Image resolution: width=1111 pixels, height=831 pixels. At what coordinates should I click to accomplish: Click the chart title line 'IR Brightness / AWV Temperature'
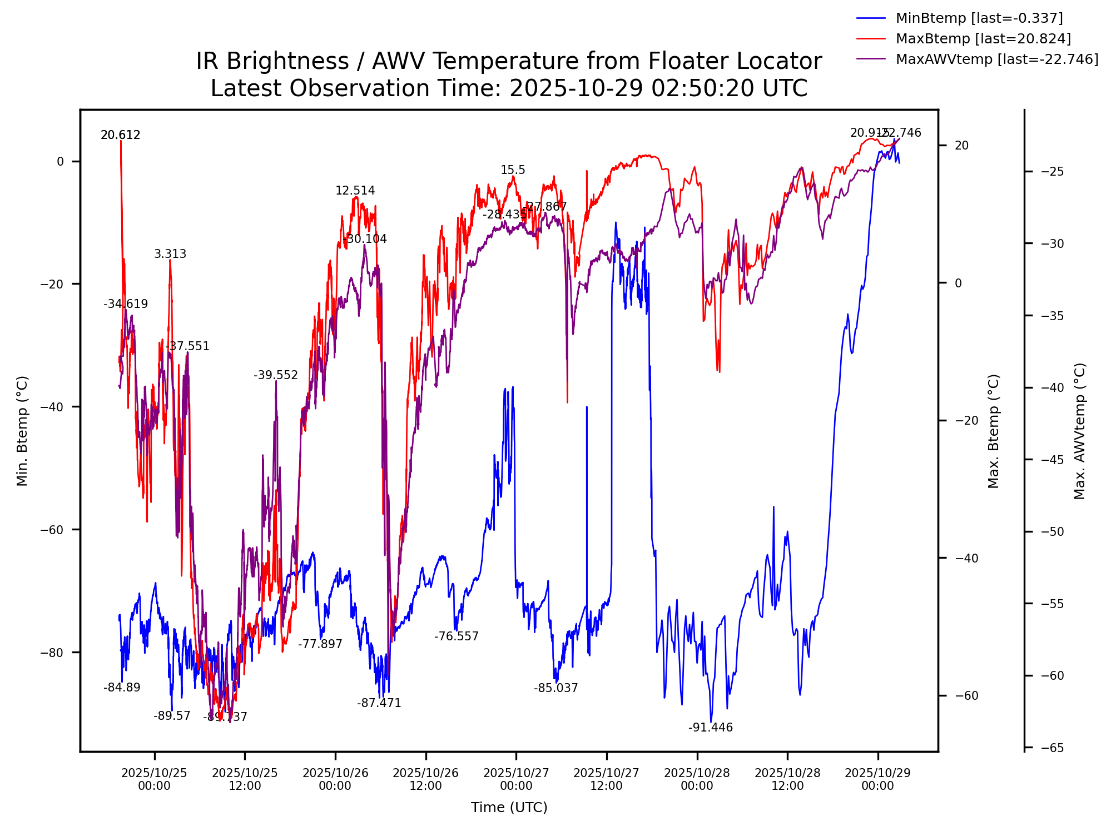[509, 61]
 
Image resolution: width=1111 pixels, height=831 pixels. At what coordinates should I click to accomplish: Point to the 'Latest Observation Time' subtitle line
[509, 88]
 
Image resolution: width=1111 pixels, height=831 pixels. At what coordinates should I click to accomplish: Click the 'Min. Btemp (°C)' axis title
[22, 431]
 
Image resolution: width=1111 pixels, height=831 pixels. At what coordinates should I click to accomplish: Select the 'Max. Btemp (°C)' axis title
[994, 431]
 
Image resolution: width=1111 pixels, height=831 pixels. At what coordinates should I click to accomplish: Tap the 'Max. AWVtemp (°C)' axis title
[1079, 431]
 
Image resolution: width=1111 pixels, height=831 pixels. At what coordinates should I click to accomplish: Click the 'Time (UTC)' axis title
[509, 807]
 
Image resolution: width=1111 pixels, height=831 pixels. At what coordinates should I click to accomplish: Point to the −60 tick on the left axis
[52, 529]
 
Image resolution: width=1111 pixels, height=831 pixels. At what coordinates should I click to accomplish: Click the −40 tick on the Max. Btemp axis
[966, 558]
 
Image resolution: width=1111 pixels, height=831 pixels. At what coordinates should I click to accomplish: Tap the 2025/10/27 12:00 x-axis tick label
[606, 779]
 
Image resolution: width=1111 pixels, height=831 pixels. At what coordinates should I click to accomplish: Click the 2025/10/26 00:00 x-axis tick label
[335, 779]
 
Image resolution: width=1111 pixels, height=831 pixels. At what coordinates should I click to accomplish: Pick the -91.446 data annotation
[710, 728]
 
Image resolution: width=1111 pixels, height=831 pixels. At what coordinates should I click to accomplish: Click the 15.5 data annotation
[513, 170]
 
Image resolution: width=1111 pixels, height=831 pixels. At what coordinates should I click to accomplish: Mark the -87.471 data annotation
[379, 703]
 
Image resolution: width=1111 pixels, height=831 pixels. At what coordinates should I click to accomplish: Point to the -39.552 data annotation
[276, 375]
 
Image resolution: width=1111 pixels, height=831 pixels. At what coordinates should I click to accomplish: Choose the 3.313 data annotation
[170, 254]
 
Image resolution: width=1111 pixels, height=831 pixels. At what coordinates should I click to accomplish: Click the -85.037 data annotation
[556, 688]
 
